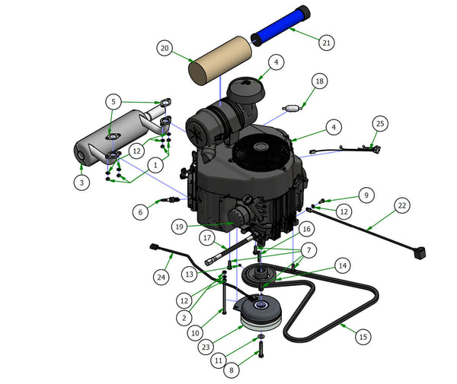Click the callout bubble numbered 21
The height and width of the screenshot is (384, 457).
(327, 43)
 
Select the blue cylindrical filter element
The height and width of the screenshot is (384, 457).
(280, 25)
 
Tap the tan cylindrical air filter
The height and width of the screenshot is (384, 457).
(220, 61)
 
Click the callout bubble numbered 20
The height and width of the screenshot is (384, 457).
(165, 48)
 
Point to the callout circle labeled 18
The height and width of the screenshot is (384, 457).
(320, 81)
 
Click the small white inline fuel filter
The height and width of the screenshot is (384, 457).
(292, 108)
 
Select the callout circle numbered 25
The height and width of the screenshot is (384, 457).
(380, 124)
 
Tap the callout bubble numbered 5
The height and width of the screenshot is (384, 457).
(113, 102)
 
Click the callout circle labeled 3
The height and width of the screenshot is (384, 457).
(81, 182)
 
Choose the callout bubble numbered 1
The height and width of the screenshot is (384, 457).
(155, 165)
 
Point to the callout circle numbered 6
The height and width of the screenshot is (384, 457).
(140, 212)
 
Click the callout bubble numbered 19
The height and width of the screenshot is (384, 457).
(179, 227)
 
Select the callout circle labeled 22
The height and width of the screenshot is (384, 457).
(402, 205)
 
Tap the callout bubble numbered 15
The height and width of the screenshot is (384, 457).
(363, 337)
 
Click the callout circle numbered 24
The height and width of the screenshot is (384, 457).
(161, 277)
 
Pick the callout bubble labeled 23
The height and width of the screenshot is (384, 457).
(206, 347)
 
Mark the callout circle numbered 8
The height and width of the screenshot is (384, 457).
(232, 370)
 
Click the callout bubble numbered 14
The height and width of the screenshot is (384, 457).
(343, 265)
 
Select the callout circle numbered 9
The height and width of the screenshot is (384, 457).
(366, 195)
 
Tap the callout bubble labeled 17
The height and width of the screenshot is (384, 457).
(207, 238)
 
